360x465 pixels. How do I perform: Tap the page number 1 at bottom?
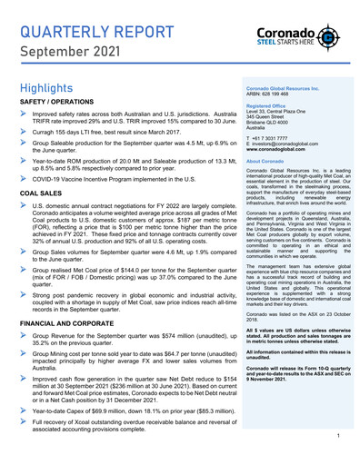(337, 437)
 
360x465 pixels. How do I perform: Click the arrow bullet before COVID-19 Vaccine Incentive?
(25, 180)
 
